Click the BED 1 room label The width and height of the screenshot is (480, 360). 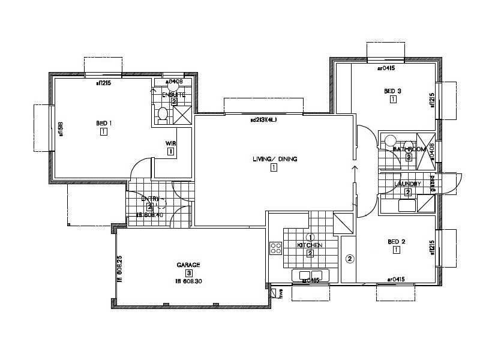(104, 124)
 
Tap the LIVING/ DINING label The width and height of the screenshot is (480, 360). (275, 159)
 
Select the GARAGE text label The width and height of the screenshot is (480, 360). (188, 265)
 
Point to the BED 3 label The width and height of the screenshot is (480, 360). (392, 91)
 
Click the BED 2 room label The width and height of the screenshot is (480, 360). (397, 242)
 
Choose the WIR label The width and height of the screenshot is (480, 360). (170, 143)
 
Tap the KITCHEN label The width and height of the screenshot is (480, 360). (310, 245)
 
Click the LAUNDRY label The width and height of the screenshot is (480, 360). (407, 184)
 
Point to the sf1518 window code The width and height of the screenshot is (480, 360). (61, 130)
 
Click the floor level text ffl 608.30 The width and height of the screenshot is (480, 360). (188, 281)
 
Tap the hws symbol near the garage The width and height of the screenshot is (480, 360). (280, 293)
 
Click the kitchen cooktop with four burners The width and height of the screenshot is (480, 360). (276, 248)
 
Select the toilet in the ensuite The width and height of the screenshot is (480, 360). (162, 113)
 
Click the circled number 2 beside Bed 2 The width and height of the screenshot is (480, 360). (350, 259)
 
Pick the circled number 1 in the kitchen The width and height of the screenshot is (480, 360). (310, 238)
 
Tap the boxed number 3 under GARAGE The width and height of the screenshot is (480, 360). (188, 273)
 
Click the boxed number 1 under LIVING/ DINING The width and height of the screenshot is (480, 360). (274, 168)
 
